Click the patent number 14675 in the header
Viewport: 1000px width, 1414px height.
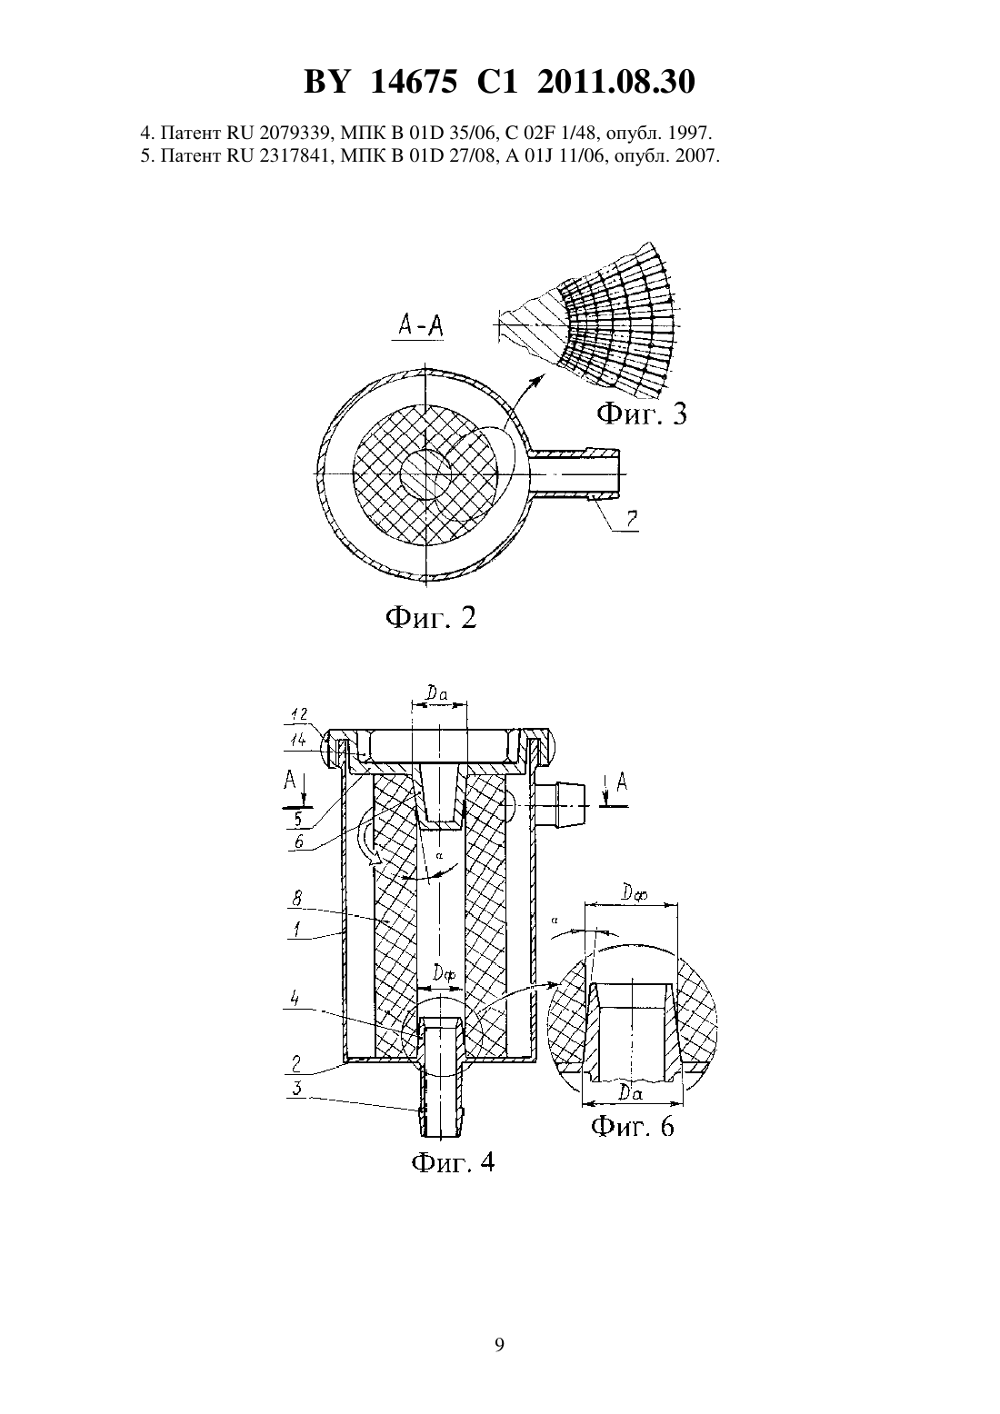pos(413,82)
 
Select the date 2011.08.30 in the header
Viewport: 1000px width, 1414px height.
pos(616,82)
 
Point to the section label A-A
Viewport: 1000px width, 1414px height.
pos(420,325)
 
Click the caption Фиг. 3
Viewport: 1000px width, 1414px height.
pos(642,414)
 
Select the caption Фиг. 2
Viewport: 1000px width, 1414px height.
pos(431,617)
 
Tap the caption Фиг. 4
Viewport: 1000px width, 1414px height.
pos(453,1161)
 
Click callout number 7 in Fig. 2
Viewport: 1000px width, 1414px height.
pos(631,520)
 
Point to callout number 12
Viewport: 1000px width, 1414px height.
pos(298,714)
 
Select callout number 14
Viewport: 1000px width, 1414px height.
pos(298,739)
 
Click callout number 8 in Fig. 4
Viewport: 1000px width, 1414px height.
pos(296,897)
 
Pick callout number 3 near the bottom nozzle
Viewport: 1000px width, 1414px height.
pos(296,1089)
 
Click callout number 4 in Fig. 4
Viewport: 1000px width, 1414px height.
pos(295,999)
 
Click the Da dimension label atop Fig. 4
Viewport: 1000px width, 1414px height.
pos(436,693)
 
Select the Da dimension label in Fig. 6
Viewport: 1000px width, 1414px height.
pos(630,1092)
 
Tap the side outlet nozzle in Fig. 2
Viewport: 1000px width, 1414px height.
pos(574,473)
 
